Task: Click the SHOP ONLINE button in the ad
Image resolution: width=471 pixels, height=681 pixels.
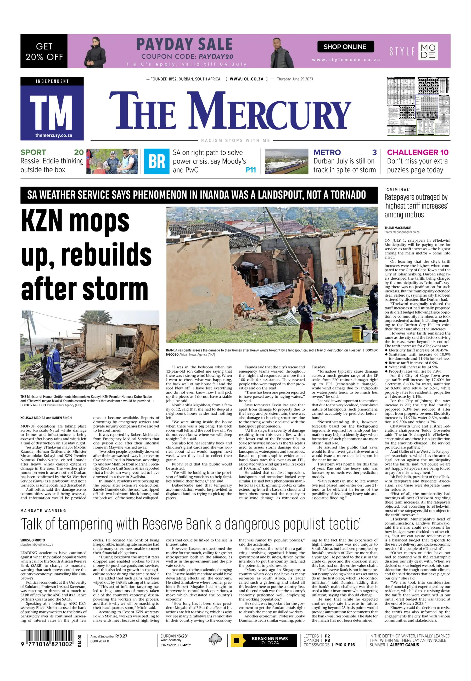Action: click(345, 47)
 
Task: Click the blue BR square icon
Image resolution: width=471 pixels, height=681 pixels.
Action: click(156, 161)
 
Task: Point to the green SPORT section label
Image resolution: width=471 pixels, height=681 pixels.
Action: click(33, 152)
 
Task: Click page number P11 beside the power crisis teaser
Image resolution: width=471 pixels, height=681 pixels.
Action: click(251, 170)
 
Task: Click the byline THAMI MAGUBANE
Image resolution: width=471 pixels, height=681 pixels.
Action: click(397, 228)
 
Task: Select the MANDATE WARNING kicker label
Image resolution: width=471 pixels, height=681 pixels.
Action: click(43, 510)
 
